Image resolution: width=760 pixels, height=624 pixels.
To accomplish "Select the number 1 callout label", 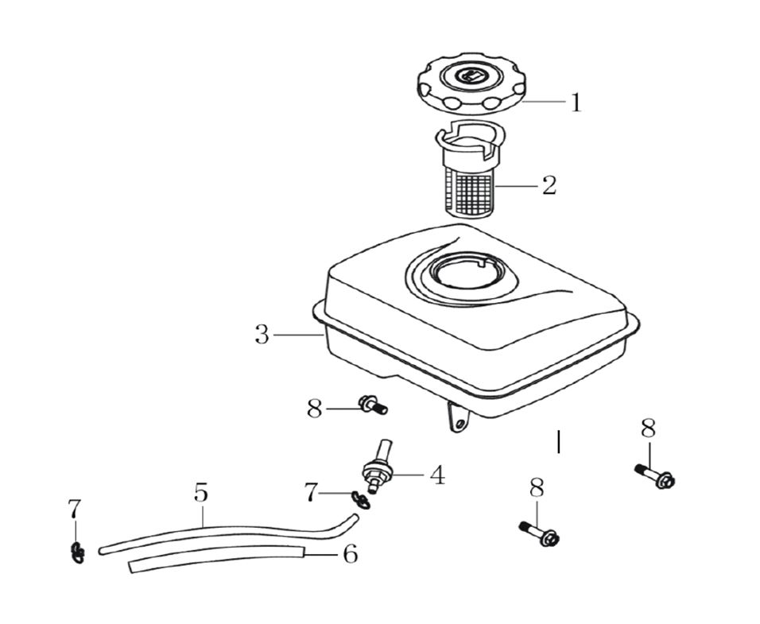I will click(x=575, y=103).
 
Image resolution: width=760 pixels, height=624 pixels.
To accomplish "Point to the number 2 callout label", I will click(x=549, y=186).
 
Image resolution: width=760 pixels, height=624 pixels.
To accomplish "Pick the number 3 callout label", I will click(x=262, y=335).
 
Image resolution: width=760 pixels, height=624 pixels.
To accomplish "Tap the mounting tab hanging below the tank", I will click(x=457, y=418).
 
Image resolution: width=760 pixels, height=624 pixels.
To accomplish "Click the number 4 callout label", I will click(x=437, y=475).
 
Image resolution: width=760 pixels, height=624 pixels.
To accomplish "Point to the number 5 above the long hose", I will click(x=200, y=493).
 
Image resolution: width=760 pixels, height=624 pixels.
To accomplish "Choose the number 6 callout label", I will click(x=350, y=554).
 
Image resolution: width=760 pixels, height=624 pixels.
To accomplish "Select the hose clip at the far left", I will click(x=76, y=551).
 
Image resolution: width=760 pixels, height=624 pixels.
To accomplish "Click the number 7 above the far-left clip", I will click(x=74, y=508).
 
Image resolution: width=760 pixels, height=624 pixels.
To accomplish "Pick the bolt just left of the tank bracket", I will click(x=372, y=406).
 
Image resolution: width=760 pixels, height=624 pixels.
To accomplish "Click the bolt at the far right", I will click(x=655, y=476).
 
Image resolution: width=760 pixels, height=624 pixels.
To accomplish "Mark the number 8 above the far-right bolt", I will click(x=649, y=429).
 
